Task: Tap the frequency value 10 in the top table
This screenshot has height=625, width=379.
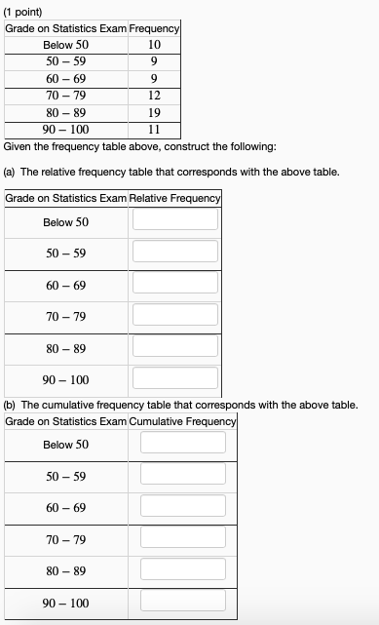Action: point(154,45)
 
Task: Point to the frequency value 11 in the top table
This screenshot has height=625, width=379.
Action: point(154,129)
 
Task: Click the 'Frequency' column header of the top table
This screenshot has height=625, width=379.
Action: point(154,29)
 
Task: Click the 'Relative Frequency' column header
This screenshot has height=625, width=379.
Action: point(175,198)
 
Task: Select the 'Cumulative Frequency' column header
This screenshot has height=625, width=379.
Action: point(182,420)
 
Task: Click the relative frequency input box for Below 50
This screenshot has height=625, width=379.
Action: point(175,219)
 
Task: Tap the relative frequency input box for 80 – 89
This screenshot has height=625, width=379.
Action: point(175,346)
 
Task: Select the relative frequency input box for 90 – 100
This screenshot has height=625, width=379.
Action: point(175,377)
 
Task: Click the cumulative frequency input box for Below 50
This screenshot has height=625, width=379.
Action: point(182,442)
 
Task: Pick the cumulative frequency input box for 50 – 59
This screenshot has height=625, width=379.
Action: point(182,474)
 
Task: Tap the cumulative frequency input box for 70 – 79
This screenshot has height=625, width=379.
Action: point(182,537)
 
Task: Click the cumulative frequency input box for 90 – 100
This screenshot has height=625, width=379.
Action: point(182,601)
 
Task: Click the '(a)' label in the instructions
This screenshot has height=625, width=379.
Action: point(12,172)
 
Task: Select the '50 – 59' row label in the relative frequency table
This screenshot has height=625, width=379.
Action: point(65,254)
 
